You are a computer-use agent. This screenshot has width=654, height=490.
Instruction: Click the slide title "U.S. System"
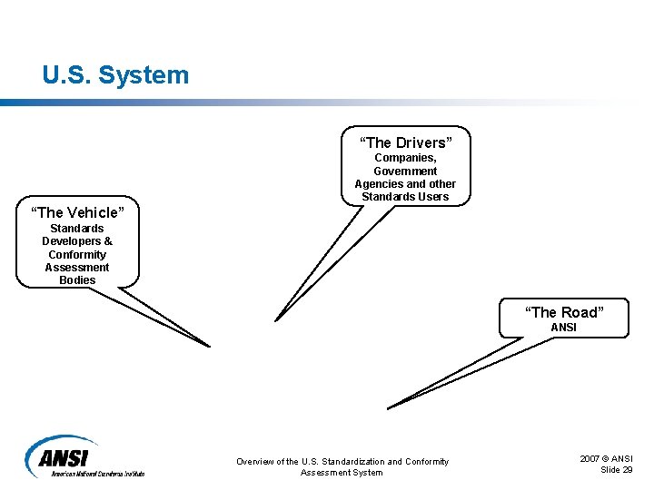coord(115,74)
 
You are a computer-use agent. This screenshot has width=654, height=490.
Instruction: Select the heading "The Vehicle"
coord(77,213)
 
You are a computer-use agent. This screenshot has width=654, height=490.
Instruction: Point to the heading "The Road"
coord(563,313)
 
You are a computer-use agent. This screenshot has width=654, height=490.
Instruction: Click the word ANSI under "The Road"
coord(563,328)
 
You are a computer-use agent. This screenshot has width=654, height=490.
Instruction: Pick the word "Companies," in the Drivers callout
coord(405,158)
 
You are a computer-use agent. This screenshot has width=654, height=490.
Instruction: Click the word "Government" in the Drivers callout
coord(405,171)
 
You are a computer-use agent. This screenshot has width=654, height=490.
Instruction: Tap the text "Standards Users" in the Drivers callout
coord(405,197)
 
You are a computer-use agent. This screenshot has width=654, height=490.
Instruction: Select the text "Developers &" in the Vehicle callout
coord(77,241)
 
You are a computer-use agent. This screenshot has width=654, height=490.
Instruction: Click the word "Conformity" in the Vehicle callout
coord(77,255)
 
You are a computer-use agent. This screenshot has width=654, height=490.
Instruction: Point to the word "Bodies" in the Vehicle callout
coord(77,280)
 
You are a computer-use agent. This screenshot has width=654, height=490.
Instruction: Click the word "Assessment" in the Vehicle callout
coord(77,268)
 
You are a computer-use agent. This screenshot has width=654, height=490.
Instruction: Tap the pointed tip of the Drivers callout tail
coord(276,319)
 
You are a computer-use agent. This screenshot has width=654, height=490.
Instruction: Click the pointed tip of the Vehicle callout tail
coord(209,346)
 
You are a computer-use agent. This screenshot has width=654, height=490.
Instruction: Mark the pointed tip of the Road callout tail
coord(389,407)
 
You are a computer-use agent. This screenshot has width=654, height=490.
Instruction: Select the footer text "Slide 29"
coord(617,469)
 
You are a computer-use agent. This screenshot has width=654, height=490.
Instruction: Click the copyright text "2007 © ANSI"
coord(607,459)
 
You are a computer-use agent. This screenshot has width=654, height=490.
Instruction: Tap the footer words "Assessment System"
coord(342,473)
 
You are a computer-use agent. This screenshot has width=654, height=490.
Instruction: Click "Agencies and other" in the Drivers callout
coord(405,184)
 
